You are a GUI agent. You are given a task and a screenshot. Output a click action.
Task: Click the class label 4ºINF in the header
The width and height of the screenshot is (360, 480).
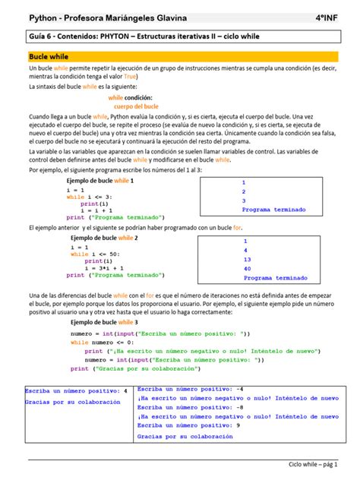click(335, 17)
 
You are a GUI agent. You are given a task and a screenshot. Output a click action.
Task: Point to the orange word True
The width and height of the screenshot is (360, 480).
click(131, 77)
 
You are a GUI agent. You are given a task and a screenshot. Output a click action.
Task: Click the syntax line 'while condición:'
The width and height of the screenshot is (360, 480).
click(130, 98)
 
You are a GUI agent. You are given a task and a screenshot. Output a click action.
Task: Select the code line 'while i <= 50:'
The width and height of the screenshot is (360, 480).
click(97, 254)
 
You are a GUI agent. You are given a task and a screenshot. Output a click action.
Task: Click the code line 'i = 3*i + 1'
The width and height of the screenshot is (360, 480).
click(106, 268)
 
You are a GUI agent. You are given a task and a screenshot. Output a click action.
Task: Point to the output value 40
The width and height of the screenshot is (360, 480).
click(247, 268)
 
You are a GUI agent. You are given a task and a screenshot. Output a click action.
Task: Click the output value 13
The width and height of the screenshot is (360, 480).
click(247, 258)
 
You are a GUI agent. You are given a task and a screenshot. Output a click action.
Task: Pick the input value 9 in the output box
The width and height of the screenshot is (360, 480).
click(238, 425)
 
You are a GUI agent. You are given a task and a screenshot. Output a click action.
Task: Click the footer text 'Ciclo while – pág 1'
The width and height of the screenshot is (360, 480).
click(313, 464)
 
